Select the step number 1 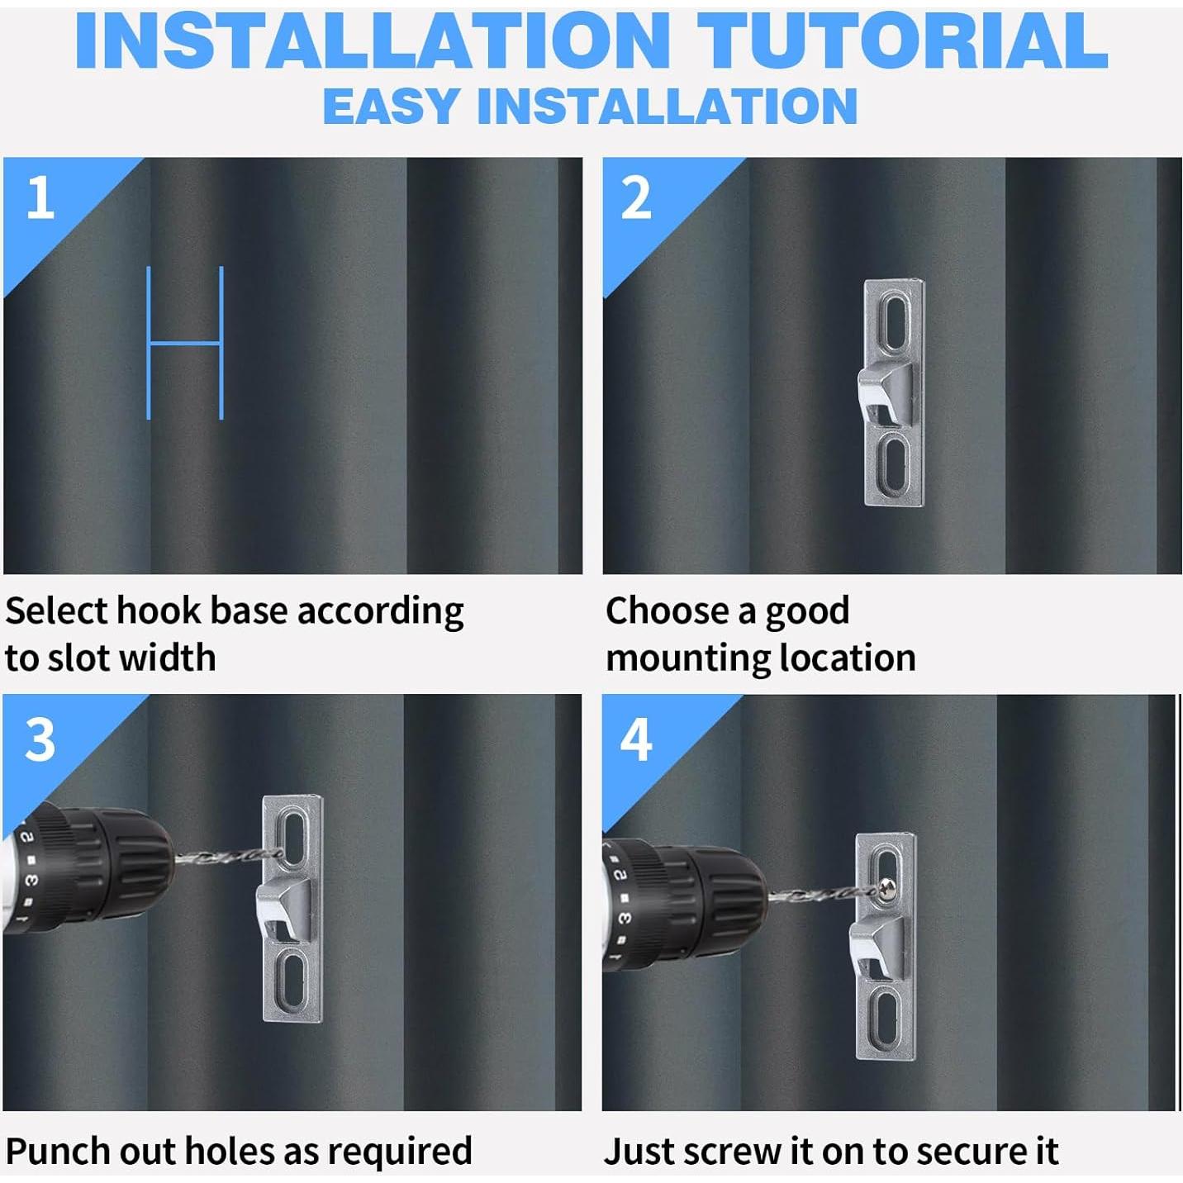(x=40, y=197)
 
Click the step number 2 (x=635, y=197)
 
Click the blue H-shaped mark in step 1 (x=185, y=343)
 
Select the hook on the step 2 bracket (x=885, y=392)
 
